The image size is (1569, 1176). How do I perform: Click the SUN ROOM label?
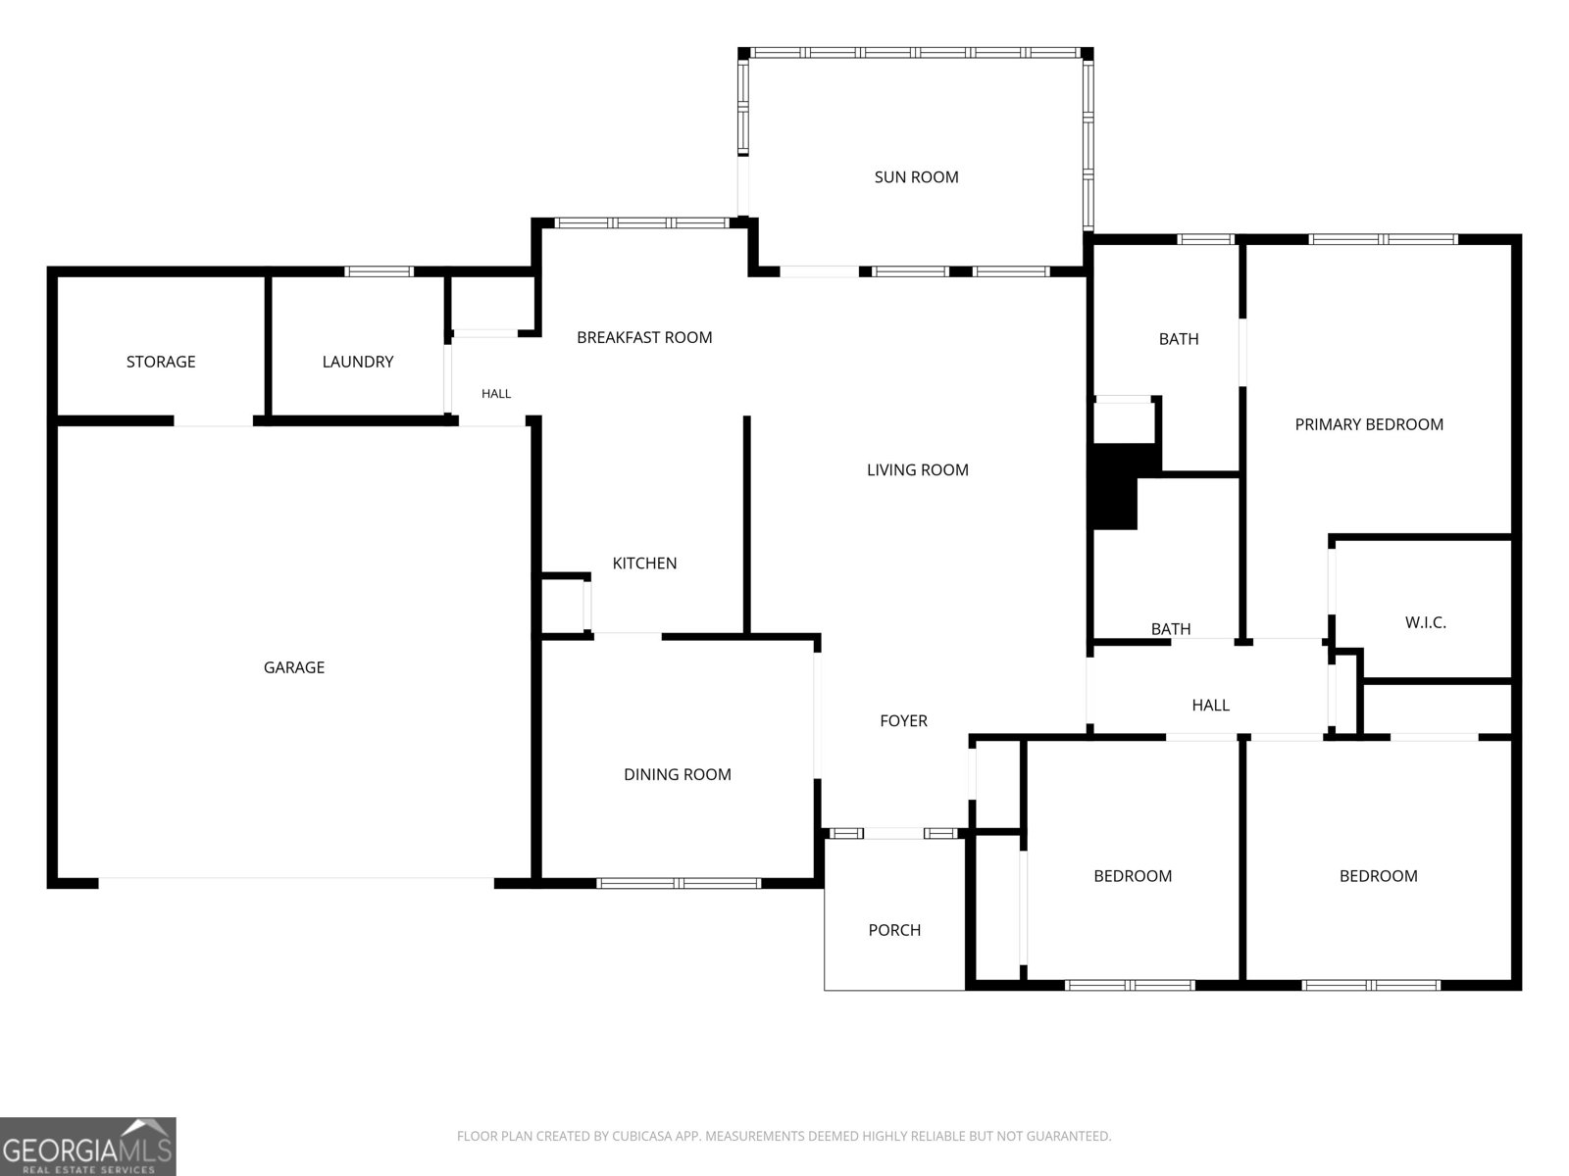pos(916,177)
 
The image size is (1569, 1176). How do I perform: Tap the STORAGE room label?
pos(161,362)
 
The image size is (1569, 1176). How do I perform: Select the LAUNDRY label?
pos(357,362)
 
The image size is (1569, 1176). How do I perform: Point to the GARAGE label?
pos(294,667)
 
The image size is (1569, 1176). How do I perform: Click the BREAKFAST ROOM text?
pos(644,337)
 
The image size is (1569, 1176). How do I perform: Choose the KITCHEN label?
pos(644,563)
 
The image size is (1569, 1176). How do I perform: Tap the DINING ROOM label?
pos(677,774)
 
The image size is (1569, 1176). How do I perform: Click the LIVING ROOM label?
pos(917,469)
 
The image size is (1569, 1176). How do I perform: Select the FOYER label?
pos(903,720)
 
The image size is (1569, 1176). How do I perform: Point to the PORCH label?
pos(894,930)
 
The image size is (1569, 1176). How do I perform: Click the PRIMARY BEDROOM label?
pos(1369,424)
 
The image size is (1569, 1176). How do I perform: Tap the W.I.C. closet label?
pos(1425,622)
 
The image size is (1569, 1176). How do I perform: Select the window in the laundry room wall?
pos(379,271)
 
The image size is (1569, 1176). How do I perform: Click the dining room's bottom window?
pos(679,883)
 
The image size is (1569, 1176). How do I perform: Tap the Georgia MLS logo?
pos(87,1146)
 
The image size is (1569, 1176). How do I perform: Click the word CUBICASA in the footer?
pos(640,1135)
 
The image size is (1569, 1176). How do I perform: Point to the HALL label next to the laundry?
pos(496,393)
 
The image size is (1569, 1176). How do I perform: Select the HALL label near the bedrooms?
pos(1210,705)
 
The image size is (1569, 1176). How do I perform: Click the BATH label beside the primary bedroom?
pos(1179,338)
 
